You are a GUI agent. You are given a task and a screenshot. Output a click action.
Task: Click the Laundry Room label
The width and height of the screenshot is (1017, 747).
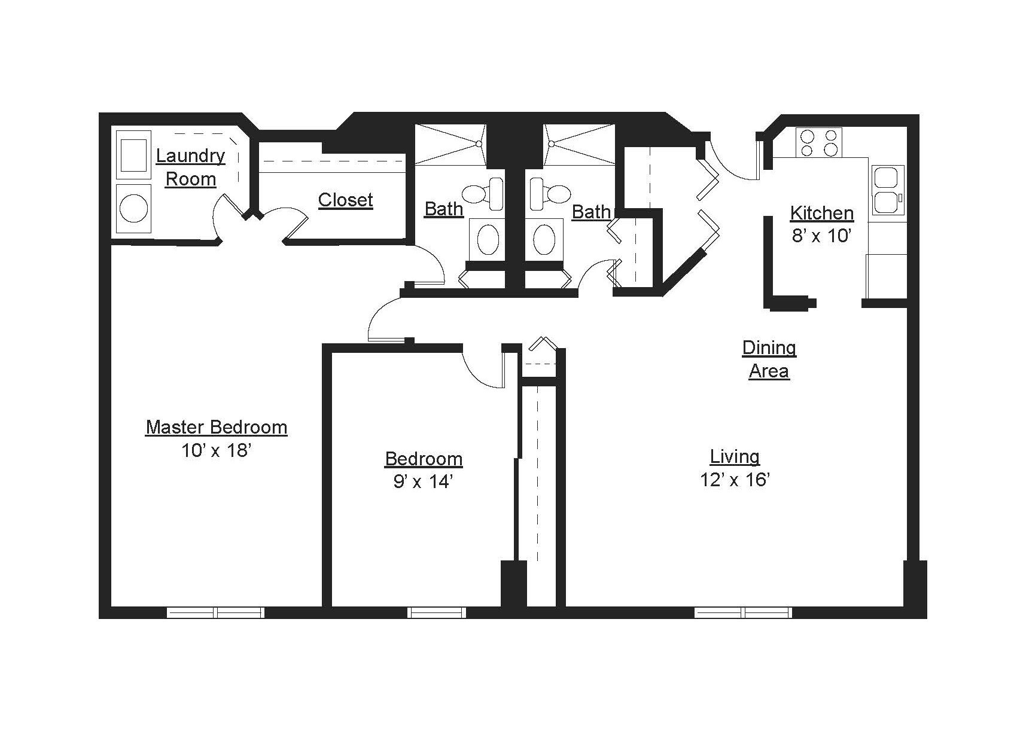coord(190,167)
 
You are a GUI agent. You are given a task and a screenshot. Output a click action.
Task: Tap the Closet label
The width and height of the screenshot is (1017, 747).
coord(345,200)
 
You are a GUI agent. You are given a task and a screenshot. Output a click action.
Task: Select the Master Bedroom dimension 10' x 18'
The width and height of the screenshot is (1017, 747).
coord(215,450)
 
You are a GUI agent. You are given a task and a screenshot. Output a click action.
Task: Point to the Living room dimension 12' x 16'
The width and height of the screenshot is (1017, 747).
coord(734,480)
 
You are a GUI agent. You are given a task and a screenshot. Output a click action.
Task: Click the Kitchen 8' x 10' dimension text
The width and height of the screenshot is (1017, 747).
coord(821,236)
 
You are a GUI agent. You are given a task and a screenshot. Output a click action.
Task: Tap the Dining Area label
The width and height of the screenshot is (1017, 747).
coord(769,359)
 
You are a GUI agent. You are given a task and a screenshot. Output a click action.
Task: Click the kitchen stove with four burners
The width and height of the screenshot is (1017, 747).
coord(818,142)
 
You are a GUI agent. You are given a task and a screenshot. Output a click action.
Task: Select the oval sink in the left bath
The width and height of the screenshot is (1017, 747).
coord(488,239)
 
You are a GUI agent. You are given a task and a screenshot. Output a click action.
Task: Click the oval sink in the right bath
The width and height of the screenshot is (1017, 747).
coord(544,239)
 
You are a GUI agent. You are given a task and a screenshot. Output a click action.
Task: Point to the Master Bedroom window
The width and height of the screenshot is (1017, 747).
coord(215,612)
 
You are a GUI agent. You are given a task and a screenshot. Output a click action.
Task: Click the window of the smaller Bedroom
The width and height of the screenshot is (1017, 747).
coord(437,612)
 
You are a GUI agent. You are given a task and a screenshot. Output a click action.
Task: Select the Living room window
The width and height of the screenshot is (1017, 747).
coord(742,612)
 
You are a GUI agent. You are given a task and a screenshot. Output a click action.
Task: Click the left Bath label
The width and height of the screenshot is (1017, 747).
coord(443,209)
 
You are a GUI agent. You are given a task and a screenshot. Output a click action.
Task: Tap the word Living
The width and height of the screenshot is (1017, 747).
coord(734,456)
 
